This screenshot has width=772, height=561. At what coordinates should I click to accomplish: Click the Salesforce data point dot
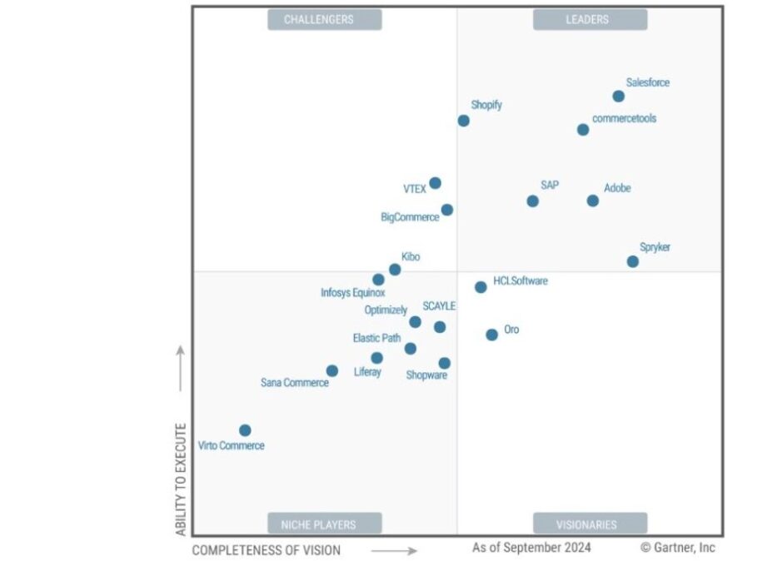tap(618, 97)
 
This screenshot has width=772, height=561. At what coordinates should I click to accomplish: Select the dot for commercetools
tap(583, 130)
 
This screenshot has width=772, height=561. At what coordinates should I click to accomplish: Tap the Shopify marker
tap(464, 121)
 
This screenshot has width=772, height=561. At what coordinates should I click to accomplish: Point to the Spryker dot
tap(633, 261)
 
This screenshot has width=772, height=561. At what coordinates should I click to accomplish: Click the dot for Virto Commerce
tap(245, 430)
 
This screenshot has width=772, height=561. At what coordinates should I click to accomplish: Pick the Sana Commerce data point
tap(332, 370)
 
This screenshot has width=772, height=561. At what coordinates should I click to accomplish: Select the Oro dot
tap(492, 335)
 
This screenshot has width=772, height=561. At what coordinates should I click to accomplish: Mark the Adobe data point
tap(593, 201)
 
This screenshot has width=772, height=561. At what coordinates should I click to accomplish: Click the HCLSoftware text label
tap(520, 281)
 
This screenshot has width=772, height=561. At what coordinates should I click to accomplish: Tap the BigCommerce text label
tap(410, 217)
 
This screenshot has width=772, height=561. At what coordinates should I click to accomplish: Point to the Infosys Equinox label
tap(353, 293)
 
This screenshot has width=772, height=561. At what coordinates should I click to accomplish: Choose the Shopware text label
tap(426, 375)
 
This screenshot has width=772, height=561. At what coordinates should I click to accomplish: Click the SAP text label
tap(550, 185)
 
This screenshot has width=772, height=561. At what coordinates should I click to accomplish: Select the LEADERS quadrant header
tap(590, 19)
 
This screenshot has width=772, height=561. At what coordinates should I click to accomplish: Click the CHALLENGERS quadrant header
tap(324, 19)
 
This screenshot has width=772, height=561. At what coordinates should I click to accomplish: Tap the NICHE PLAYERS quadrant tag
tap(324, 524)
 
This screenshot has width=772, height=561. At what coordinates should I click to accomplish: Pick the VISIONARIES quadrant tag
tap(590, 524)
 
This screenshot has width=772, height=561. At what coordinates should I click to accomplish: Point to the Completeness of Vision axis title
tap(266, 550)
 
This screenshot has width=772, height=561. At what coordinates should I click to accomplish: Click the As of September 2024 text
tap(531, 548)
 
